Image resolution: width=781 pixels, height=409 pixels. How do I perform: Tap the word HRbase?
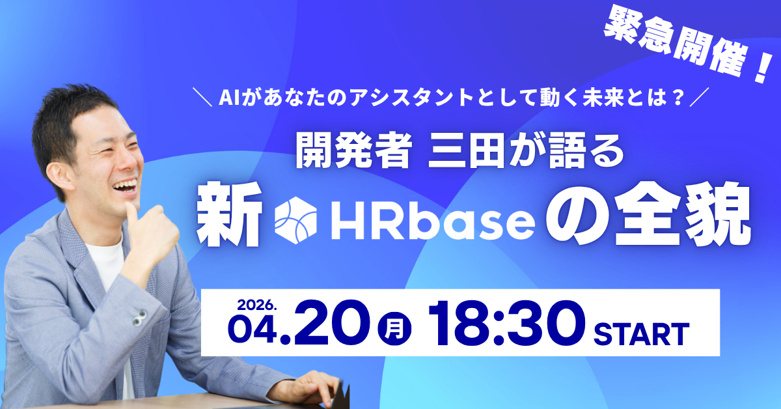tap(433, 221)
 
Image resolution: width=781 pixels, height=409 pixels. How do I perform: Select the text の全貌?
tap(648, 215)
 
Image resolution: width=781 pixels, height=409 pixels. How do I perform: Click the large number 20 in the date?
tap(332, 323)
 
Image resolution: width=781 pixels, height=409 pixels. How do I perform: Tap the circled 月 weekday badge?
tap(394, 329)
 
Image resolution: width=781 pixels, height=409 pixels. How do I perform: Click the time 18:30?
tap(506, 323)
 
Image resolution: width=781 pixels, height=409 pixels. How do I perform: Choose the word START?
tap(642, 334)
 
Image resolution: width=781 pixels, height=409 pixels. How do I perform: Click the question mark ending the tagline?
tap(678, 98)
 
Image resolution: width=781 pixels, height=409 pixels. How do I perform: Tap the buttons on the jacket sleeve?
tap(139, 318)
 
